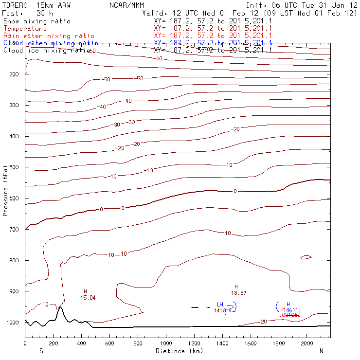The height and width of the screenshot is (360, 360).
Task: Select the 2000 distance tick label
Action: (307, 343)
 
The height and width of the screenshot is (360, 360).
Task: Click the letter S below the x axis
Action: (41, 351)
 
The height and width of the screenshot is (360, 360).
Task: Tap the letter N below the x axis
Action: (322, 351)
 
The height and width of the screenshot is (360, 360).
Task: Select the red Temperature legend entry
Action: (25, 29)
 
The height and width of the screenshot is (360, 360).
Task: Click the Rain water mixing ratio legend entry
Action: (49, 36)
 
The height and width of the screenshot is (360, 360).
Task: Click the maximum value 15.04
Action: (88, 297)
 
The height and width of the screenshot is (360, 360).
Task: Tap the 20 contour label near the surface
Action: (264, 322)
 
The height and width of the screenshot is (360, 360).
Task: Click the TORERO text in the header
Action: (15, 5)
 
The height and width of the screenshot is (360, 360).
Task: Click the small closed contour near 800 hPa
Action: (306, 257)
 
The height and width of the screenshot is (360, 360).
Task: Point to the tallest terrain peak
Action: (60, 307)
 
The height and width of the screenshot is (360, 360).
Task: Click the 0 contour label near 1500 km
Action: (235, 191)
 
